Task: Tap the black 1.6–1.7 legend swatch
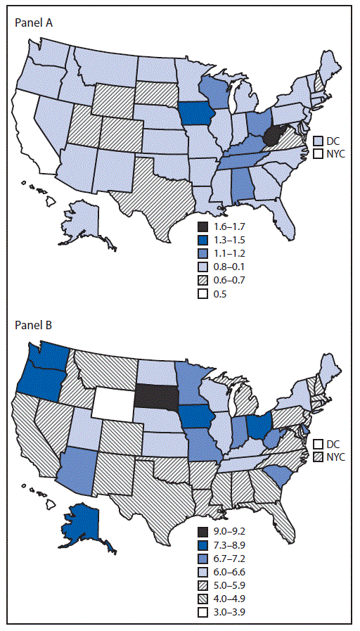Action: point(203,227)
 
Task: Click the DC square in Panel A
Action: point(319,140)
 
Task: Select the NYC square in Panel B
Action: point(319,457)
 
